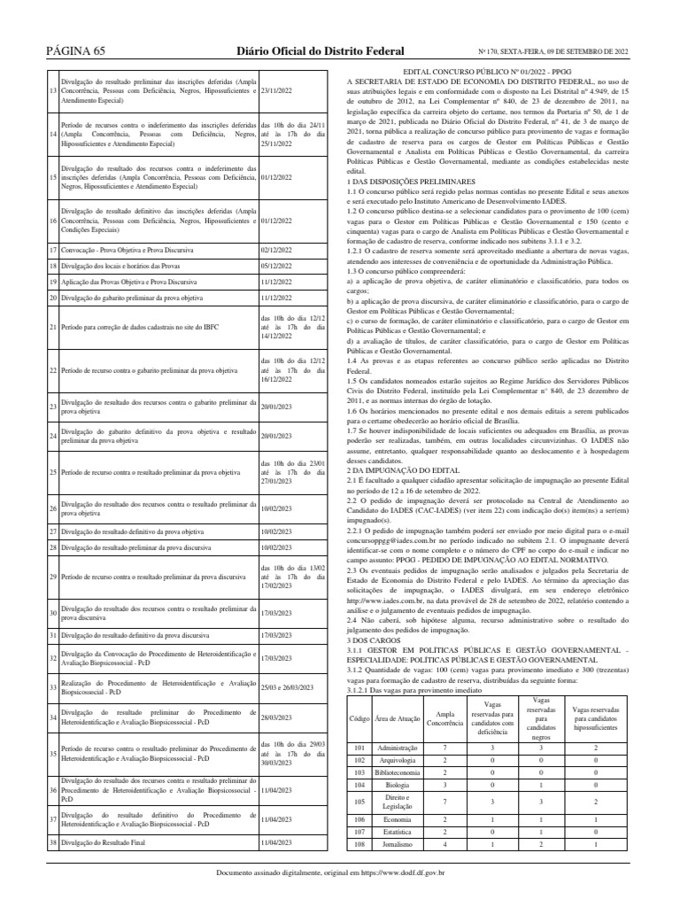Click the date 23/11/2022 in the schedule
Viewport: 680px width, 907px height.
click(278, 91)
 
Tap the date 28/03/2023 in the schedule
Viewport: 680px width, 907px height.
click(278, 718)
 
